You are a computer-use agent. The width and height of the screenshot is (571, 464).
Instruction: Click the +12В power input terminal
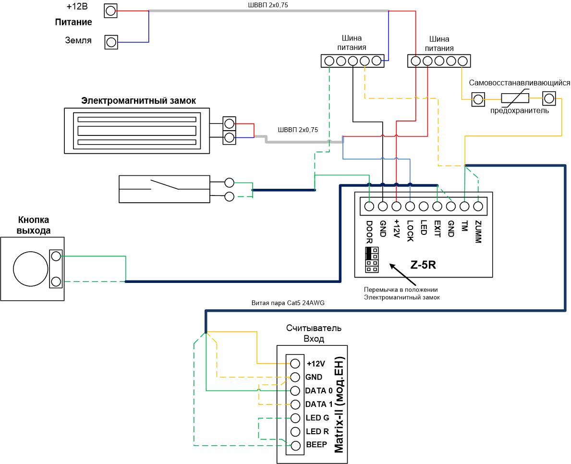pyautogui.click(x=110, y=11)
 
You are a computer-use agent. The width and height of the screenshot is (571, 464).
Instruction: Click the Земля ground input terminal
pyautogui.click(x=111, y=42)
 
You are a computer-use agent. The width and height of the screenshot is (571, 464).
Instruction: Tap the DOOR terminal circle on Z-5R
pyautogui.click(x=369, y=207)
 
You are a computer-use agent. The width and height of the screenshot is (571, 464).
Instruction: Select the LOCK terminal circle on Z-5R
pyautogui.click(x=410, y=207)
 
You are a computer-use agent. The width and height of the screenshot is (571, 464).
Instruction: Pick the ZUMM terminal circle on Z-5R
pyautogui.click(x=478, y=207)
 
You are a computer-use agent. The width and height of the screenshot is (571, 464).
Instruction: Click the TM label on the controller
pyautogui.click(x=464, y=226)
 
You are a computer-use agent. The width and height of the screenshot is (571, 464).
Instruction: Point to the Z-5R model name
pyautogui.click(x=423, y=265)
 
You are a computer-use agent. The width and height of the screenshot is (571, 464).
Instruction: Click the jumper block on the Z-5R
pyautogui.click(x=372, y=260)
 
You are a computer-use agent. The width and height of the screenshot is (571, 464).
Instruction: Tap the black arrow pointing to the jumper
pyautogui.click(x=403, y=274)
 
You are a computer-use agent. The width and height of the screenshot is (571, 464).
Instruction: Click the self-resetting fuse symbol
pyautogui.click(x=515, y=98)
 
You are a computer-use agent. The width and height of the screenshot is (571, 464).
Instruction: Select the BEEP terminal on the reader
pyautogui.click(x=295, y=445)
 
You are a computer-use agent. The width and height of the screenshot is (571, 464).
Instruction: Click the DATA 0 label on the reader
pyautogui.click(x=319, y=391)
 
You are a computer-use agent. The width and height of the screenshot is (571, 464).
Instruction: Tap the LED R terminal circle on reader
pyautogui.click(x=295, y=432)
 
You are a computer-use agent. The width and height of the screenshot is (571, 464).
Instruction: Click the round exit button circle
pyautogui.click(x=31, y=269)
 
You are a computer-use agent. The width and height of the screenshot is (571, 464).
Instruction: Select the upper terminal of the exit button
pyautogui.click(x=56, y=256)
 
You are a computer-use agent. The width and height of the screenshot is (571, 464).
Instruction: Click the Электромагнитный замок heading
pyautogui.click(x=138, y=100)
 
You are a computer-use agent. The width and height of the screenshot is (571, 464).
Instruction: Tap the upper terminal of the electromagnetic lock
pyautogui.click(x=229, y=124)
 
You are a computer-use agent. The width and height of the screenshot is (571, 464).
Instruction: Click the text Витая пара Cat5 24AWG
pyautogui.click(x=288, y=303)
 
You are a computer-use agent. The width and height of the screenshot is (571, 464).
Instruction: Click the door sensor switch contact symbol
pyautogui.click(x=164, y=184)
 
